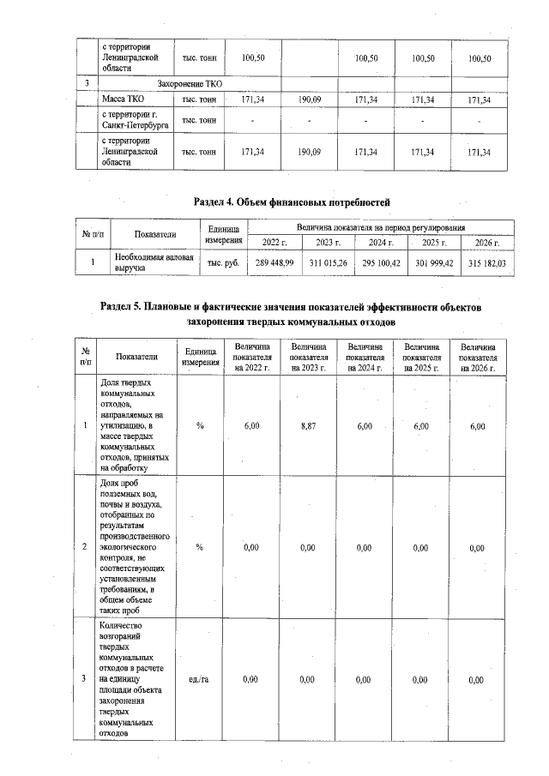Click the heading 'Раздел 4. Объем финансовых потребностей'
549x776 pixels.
pyautogui.click(x=292, y=201)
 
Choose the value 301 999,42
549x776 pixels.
pyautogui.click(x=435, y=262)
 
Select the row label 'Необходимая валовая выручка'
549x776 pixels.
pyautogui.click(x=154, y=262)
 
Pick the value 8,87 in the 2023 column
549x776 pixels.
pyautogui.click(x=308, y=425)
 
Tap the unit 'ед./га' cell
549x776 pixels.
pyautogui.click(x=199, y=679)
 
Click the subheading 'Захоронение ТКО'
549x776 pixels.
pyautogui.click(x=190, y=84)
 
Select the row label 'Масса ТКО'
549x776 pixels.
pyautogui.click(x=122, y=101)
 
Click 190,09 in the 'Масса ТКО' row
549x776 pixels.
pyautogui.click(x=308, y=101)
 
